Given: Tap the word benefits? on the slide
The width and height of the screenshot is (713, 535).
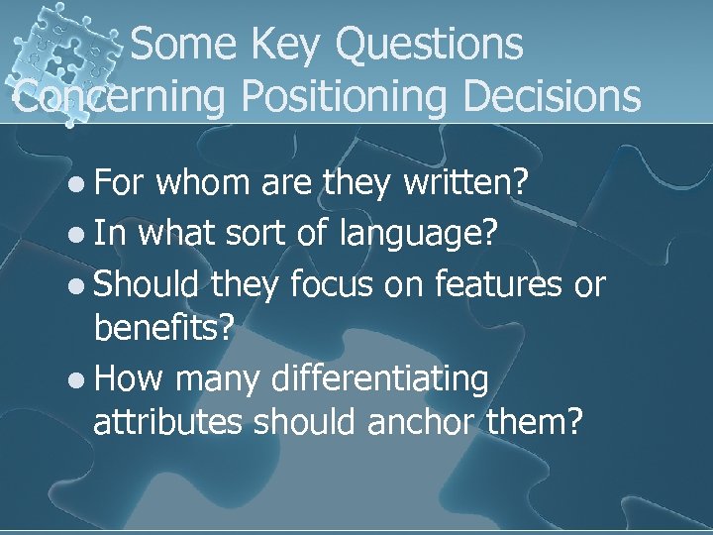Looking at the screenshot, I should (165, 329).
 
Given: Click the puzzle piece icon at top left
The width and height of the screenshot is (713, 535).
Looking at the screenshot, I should (59, 50).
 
